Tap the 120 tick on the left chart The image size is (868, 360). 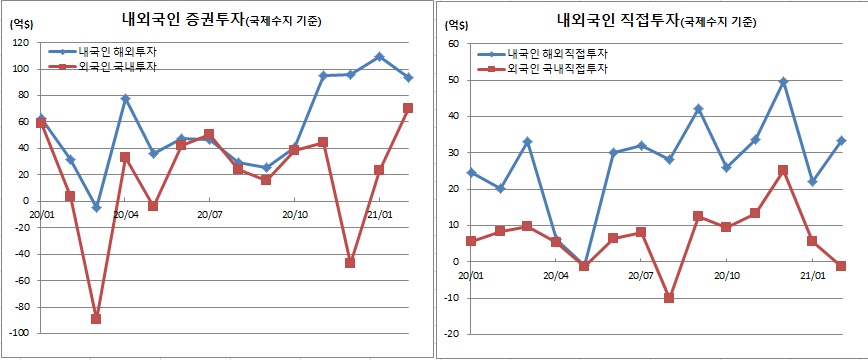pyautogui.click(x=19, y=43)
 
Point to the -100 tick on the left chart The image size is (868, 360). pyautogui.click(x=17, y=333)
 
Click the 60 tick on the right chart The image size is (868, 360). pyautogui.click(x=452, y=44)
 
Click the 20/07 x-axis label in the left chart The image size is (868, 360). pyautogui.click(x=209, y=213)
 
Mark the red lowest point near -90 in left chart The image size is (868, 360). pyautogui.click(x=96, y=318)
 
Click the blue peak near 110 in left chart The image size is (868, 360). pyautogui.click(x=380, y=57)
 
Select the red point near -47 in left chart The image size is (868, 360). pyautogui.click(x=351, y=263)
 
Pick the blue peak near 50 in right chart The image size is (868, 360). pyautogui.click(x=783, y=82)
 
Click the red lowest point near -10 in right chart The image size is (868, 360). pyautogui.click(x=669, y=298)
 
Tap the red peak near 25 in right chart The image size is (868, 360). pyautogui.click(x=783, y=170)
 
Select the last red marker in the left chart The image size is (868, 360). pyautogui.click(x=408, y=108)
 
